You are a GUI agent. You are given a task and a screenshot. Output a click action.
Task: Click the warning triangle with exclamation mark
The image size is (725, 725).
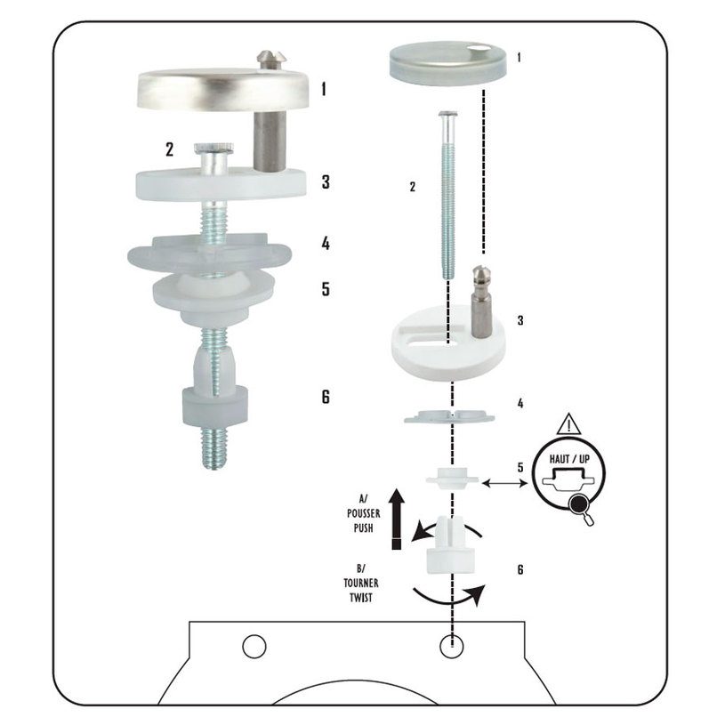(x=568, y=425)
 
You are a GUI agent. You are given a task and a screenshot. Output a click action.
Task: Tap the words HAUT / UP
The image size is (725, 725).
(x=569, y=459)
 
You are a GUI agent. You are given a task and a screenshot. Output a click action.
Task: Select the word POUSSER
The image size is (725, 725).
(x=364, y=513)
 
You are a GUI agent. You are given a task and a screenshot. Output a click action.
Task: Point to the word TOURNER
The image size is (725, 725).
(x=361, y=583)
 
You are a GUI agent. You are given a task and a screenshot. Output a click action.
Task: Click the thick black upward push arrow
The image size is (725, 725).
(x=396, y=519)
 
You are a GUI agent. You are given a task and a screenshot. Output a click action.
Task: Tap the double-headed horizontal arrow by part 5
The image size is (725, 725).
(x=505, y=483)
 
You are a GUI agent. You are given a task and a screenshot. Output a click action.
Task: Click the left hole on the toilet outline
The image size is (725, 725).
(x=254, y=646)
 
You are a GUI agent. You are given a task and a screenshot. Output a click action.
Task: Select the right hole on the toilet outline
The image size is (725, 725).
(x=452, y=646)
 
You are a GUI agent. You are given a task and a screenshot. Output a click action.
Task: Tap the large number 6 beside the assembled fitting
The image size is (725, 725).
(x=326, y=397)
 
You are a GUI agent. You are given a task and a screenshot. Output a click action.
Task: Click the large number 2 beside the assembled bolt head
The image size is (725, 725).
(x=170, y=149)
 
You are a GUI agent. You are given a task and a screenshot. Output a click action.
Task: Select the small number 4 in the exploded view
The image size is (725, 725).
(x=520, y=404)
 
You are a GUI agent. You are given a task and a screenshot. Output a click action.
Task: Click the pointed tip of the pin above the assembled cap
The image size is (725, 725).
(x=270, y=52)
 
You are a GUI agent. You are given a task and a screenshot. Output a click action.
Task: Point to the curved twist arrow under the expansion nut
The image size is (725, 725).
(x=449, y=596)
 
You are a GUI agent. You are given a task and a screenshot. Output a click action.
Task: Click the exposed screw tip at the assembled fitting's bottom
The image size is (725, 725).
(x=214, y=447)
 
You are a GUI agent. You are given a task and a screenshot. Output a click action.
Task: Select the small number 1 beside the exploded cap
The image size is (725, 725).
(x=519, y=58)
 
